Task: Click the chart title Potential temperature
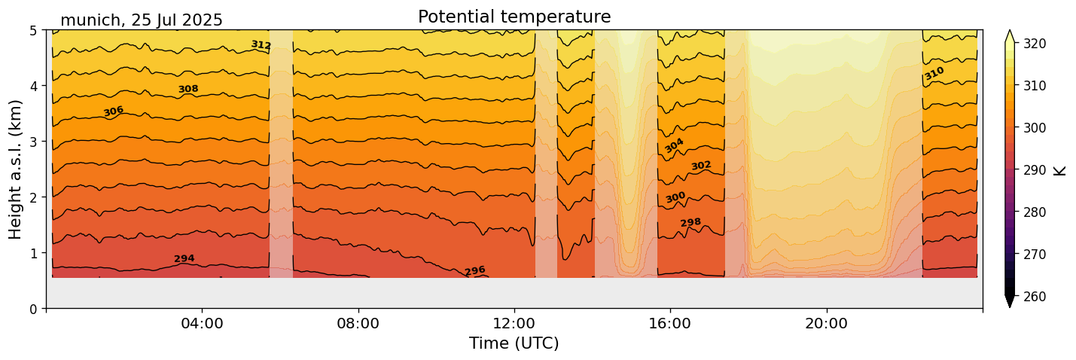click(x=514, y=17)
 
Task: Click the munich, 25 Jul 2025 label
click(x=142, y=20)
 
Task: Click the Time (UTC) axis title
click(x=514, y=343)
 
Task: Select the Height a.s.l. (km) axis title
click(x=17, y=169)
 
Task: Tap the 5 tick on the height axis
click(x=34, y=31)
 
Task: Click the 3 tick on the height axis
click(x=34, y=142)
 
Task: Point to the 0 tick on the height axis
click(x=34, y=309)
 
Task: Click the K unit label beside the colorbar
click(x=1060, y=170)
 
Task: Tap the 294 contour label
click(x=184, y=259)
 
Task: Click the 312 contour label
click(x=261, y=45)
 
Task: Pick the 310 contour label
click(x=934, y=74)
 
